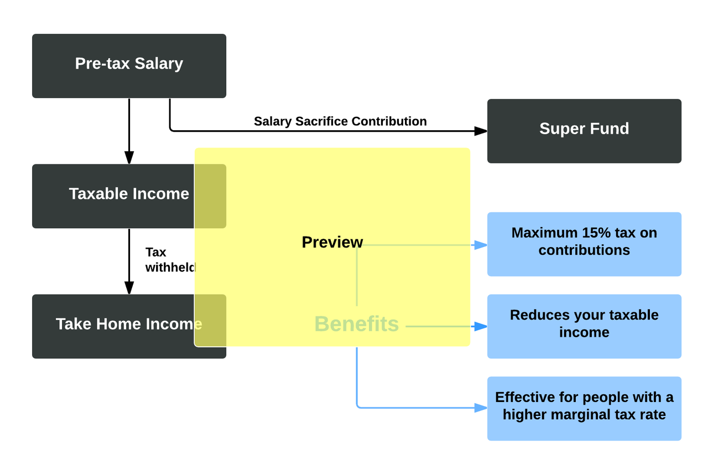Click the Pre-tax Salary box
point(129,66)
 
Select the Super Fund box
point(584,131)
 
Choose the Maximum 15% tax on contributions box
point(584,244)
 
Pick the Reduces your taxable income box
point(584,326)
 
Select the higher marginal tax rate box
point(584,409)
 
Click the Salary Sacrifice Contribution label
point(340,121)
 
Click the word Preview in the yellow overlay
point(332,242)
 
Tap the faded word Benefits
point(356,324)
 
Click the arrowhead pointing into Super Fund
point(481,131)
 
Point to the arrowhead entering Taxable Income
point(129,158)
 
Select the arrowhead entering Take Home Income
point(129,288)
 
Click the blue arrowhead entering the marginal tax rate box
point(481,409)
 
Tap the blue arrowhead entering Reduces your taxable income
point(481,327)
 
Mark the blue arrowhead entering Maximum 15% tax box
point(481,245)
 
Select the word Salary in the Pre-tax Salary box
point(158,64)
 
